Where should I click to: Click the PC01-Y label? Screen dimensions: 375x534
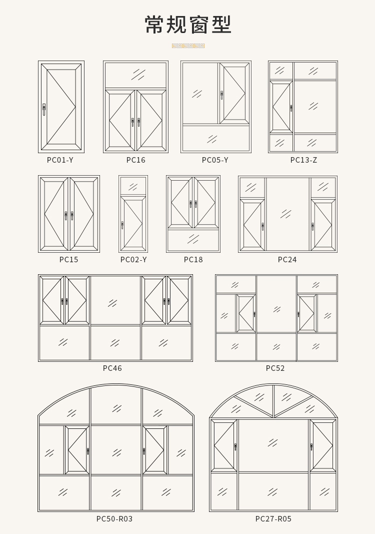tap(60, 160)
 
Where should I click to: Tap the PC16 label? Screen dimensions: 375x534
tap(136, 160)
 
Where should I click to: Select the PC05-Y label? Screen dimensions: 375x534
tap(215, 160)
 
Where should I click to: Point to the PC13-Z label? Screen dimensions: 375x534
tap(303, 160)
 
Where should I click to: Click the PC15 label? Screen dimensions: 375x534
tap(68, 260)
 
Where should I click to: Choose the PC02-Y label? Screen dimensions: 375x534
tap(133, 260)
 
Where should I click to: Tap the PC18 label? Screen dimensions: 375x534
tap(193, 260)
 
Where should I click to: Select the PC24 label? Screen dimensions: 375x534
tap(287, 260)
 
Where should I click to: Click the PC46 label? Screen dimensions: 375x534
tap(112, 368)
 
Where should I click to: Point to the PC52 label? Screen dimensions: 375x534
tap(275, 368)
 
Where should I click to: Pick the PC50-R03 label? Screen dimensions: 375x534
tap(114, 518)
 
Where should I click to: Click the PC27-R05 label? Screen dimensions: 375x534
tap(273, 518)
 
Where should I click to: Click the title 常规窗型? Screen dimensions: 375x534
tap(188, 25)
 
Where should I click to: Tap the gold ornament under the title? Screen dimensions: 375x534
tap(188, 46)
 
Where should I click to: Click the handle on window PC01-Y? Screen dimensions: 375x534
tap(44, 109)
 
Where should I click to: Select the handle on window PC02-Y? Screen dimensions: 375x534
tap(122, 225)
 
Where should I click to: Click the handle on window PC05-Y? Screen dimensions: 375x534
tap(222, 95)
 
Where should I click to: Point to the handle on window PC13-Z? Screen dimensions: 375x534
tap(291, 108)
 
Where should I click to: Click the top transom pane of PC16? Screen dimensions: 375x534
tap(136, 75)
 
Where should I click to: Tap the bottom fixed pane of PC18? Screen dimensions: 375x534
tap(193, 240)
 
